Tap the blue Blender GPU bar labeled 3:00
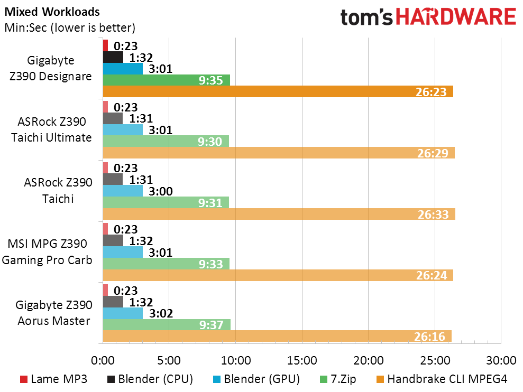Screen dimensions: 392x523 coord(123,191)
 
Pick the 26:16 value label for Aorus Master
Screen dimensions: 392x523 coord(434,337)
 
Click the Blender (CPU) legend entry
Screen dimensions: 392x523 coord(150,379)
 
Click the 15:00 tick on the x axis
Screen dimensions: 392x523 coord(302,361)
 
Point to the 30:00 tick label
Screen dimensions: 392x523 coord(500,361)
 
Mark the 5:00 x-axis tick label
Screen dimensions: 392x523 coord(169,361)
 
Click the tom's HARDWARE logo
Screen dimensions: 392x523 coord(428,17)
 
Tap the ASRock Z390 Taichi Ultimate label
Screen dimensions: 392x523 coord(55,129)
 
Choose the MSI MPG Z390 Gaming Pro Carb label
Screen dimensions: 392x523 coord(50,251)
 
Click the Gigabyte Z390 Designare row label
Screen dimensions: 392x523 coord(50,68)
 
